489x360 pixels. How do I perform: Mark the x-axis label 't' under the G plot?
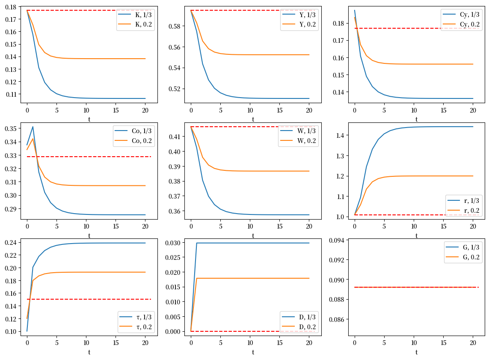click(416, 352)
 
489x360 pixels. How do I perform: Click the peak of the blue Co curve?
click(33, 127)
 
